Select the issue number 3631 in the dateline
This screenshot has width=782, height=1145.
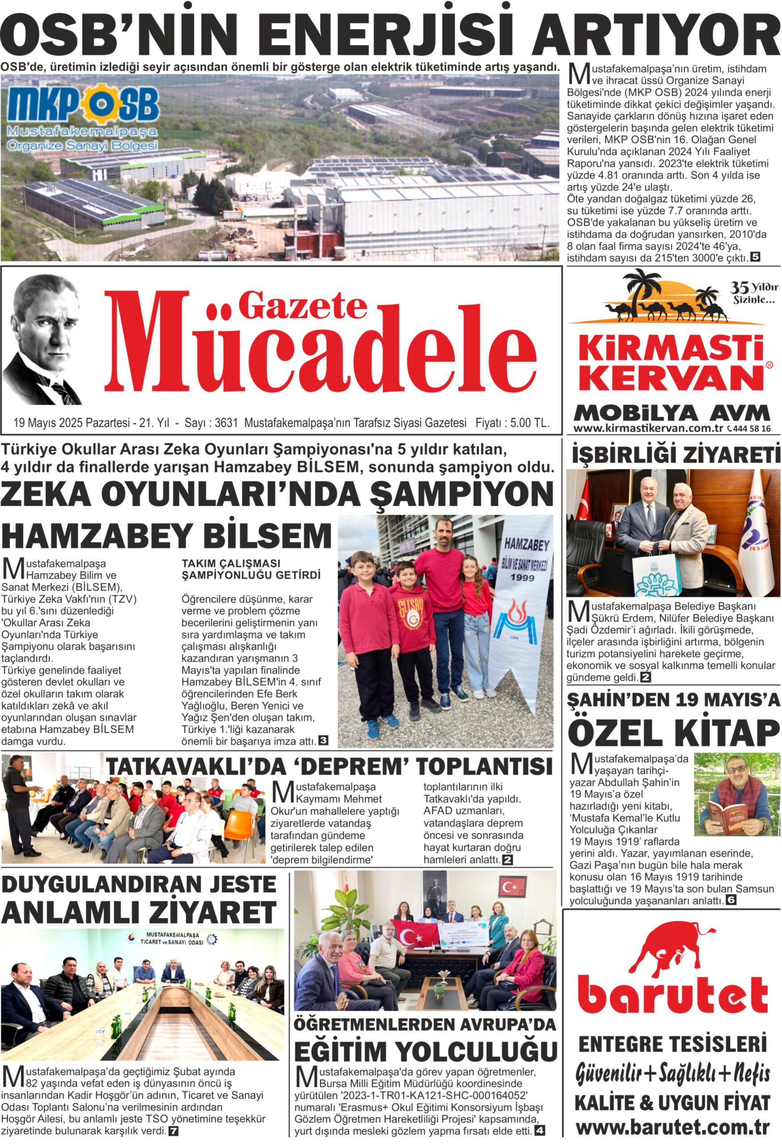click(227, 423)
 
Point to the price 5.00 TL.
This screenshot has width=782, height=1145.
click(529, 423)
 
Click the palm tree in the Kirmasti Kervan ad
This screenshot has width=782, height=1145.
click(643, 291)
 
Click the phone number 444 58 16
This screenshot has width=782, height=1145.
click(752, 428)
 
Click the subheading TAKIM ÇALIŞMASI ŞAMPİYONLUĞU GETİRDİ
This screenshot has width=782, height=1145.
click(251, 569)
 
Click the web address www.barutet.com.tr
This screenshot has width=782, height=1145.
click(672, 1127)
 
